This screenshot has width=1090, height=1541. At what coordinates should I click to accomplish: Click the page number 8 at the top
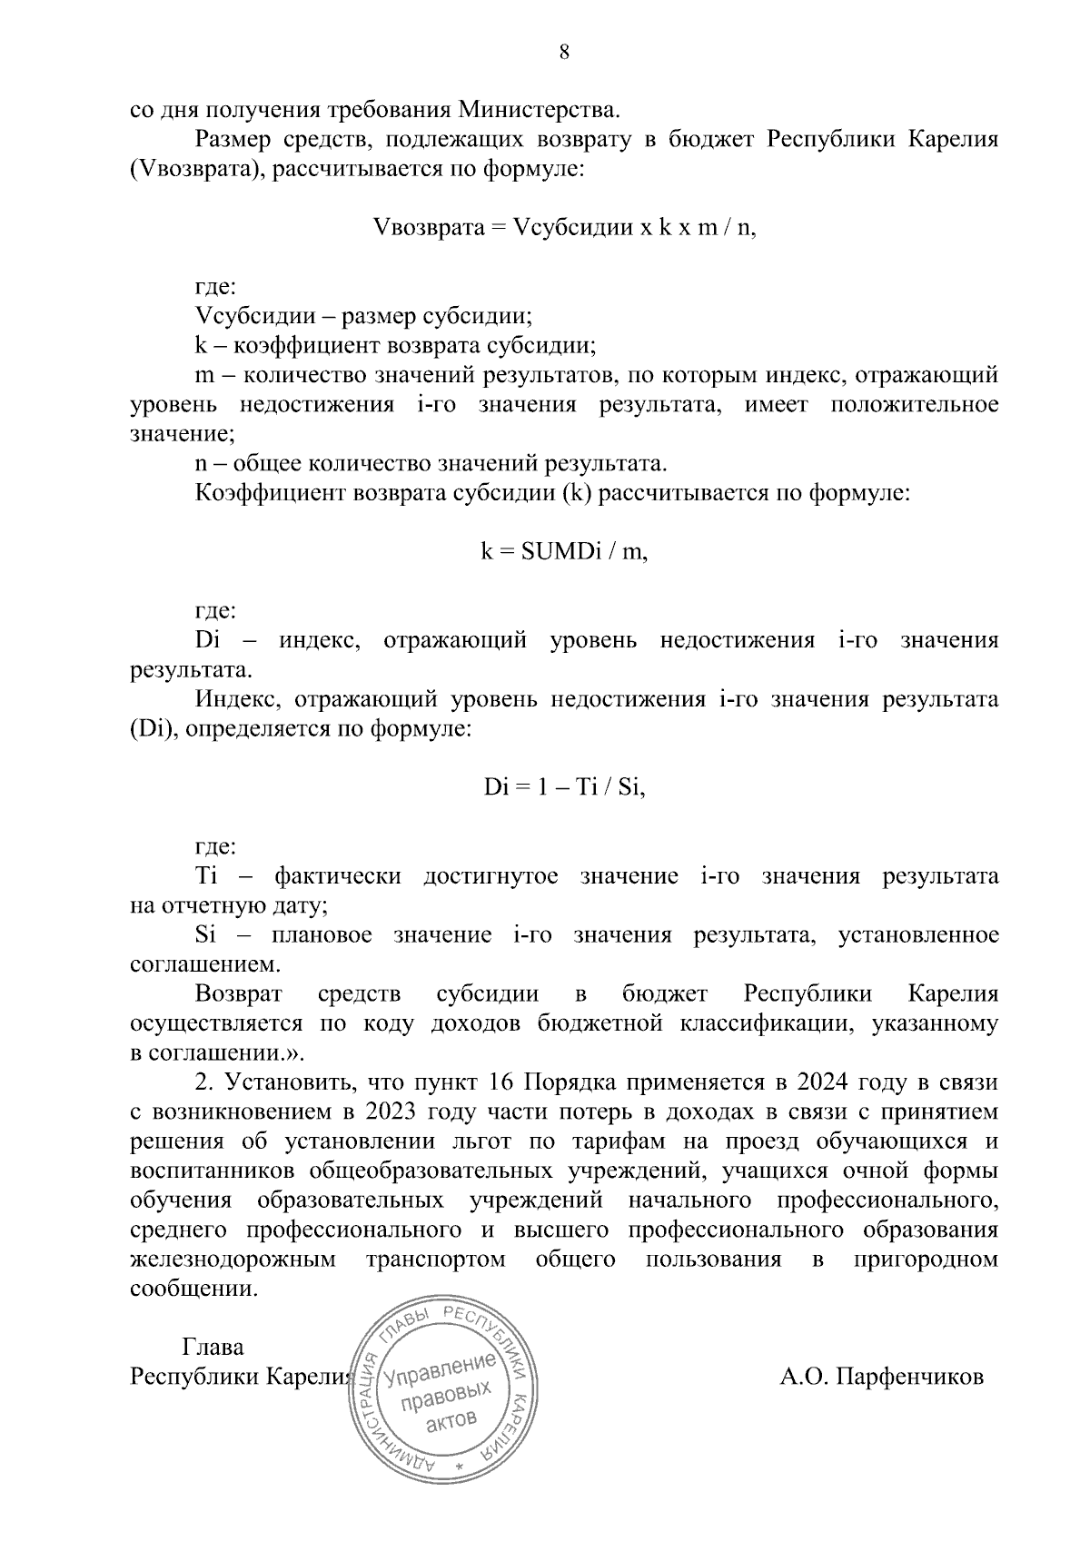pos(564,53)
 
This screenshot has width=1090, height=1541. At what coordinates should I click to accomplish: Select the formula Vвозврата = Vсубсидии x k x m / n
pos(564,227)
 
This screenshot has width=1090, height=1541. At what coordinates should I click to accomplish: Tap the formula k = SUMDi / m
pos(564,552)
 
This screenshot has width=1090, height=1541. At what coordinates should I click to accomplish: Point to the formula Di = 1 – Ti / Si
pos(564,788)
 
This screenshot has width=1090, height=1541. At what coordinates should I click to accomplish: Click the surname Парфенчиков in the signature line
pos(881,1377)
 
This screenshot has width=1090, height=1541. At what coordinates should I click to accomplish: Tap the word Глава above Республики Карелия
pos(213,1348)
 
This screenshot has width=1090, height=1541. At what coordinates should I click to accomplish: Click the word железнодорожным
pos(233,1259)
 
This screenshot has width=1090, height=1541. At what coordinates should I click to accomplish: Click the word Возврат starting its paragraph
pos(239,993)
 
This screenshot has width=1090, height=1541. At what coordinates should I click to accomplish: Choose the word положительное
pos(915,404)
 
